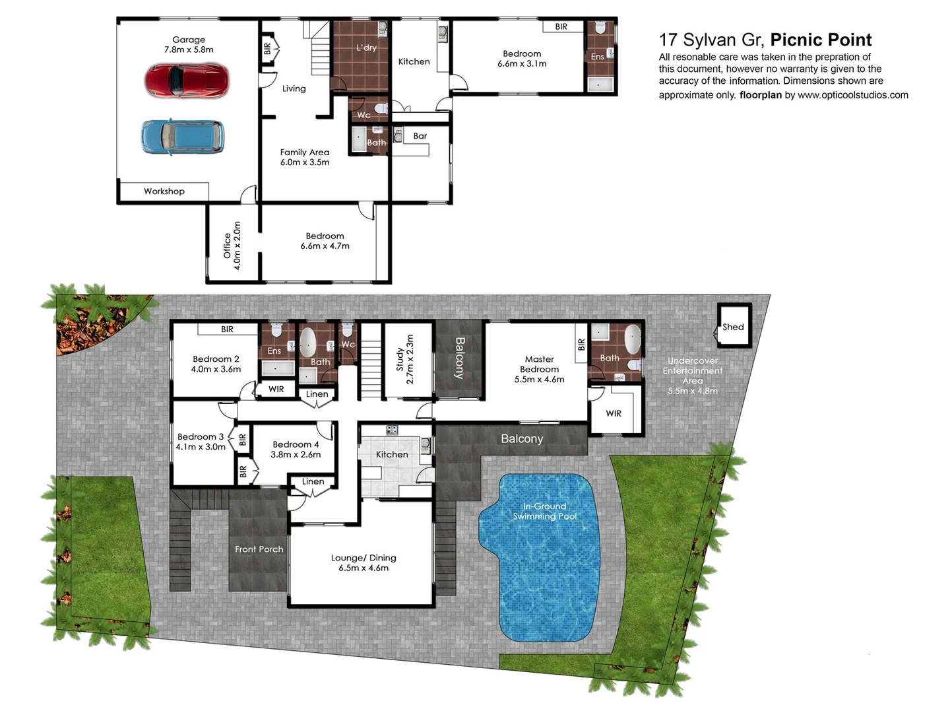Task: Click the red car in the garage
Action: (x=187, y=81)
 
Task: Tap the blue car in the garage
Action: (x=182, y=137)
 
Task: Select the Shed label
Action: (x=733, y=327)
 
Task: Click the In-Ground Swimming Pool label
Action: (x=545, y=511)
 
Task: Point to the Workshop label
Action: (x=164, y=191)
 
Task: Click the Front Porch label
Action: (x=259, y=549)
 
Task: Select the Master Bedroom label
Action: (x=539, y=364)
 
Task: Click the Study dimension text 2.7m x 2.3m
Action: (x=410, y=359)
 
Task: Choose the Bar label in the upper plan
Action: (x=420, y=136)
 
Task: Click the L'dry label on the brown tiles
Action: (x=366, y=48)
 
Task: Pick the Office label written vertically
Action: (x=227, y=245)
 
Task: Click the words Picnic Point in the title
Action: (x=821, y=40)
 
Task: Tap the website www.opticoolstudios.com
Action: (x=852, y=95)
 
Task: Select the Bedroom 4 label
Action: (x=296, y=444)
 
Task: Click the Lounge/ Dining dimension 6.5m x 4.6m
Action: (x=364, y=568)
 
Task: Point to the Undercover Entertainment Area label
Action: (x=693, y=371)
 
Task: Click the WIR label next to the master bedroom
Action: (x=614, y=413)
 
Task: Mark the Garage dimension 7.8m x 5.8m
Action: (x=189, y=50)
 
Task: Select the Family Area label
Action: (x=305, y=152)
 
